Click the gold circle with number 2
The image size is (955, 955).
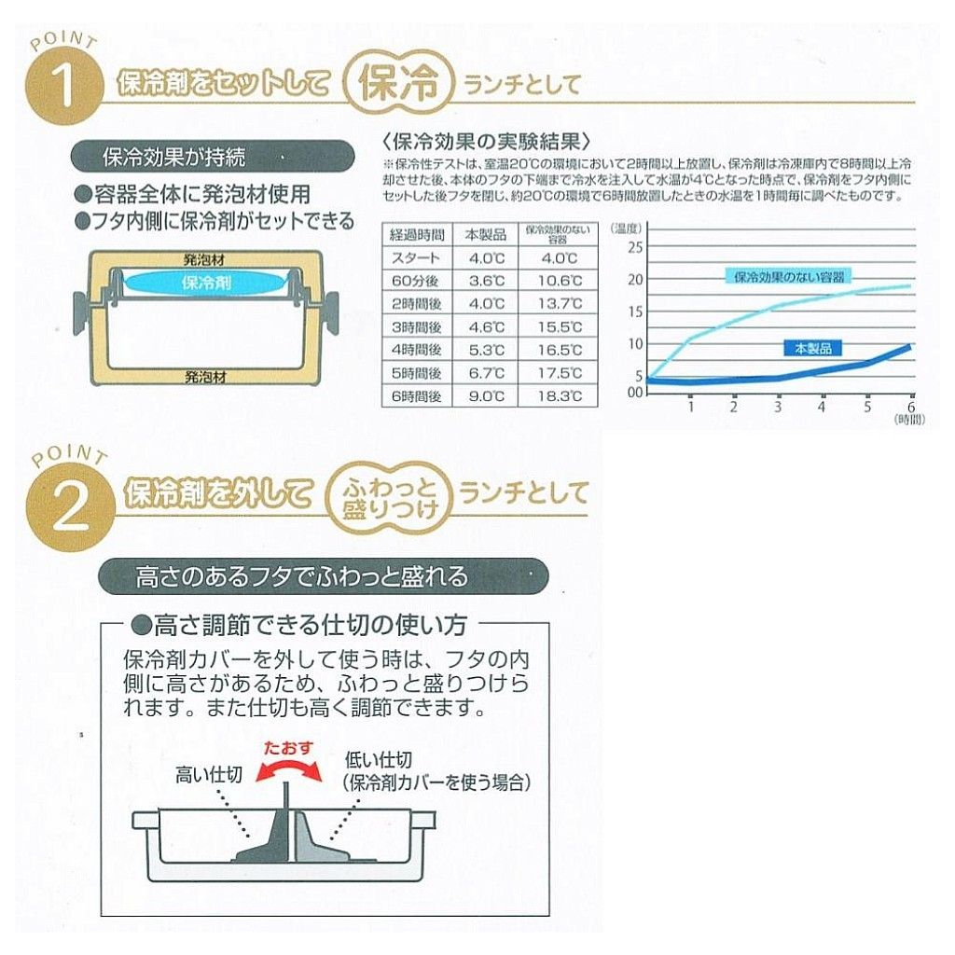click(70, 510)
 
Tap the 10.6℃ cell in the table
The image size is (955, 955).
click(560, 281)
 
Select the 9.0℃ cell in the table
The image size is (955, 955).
click(486, 396)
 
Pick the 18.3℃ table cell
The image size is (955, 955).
click(560, 396)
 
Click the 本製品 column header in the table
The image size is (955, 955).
click(486, 234)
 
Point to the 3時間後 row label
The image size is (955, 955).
click(417, 327)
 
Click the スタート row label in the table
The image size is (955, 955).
click(417, 258)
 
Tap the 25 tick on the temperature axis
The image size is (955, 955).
click(635, 247)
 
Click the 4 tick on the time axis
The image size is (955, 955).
click(822, 407)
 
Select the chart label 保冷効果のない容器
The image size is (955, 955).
click(788, 277)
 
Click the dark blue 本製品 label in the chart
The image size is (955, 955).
click(813, 349)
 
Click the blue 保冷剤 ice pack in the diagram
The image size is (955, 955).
click(206, 284)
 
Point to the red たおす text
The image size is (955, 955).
click(287, 748)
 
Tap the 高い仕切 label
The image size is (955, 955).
click(209, 775)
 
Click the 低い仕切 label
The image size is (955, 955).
click(379, 759)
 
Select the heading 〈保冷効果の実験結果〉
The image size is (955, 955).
click(487, 142)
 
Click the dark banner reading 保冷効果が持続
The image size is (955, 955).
click(213, 158)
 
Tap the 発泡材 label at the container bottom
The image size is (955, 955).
click(205, 377)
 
